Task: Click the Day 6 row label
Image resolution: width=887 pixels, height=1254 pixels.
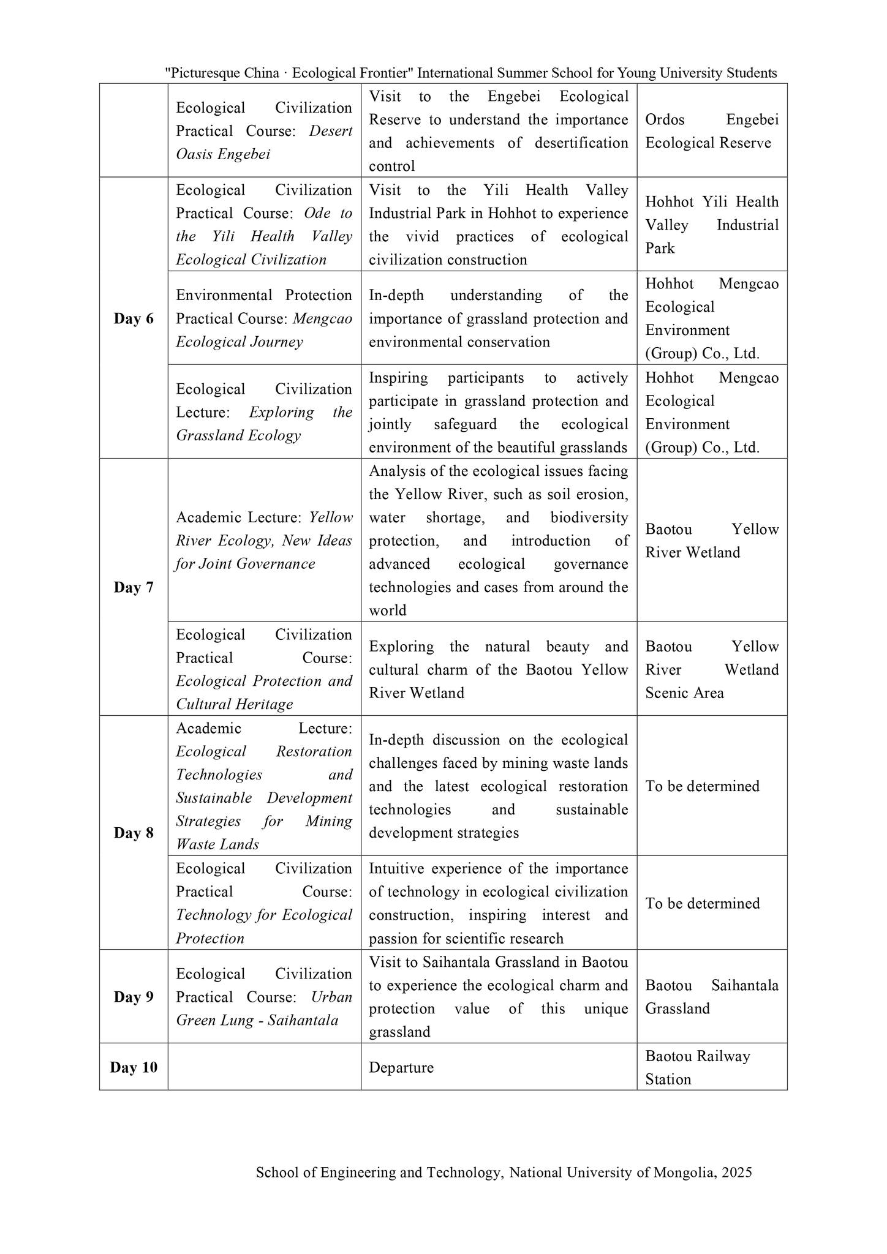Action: pyautogui.click(x=134, y=319)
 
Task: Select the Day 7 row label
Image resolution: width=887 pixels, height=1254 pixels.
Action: pyautogui.click(x=134, y=588)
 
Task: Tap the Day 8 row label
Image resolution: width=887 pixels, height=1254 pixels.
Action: pyautogui.click(x=134, y=833)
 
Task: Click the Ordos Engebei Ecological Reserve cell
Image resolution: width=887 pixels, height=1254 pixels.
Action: pyautogui.click(x=712, y=131)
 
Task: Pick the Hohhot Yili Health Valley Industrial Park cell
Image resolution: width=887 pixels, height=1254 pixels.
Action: pyautogui.click(x=712, y=225)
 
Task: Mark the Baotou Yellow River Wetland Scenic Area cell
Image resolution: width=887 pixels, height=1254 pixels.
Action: pyautogui.click(x=712, y=670)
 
